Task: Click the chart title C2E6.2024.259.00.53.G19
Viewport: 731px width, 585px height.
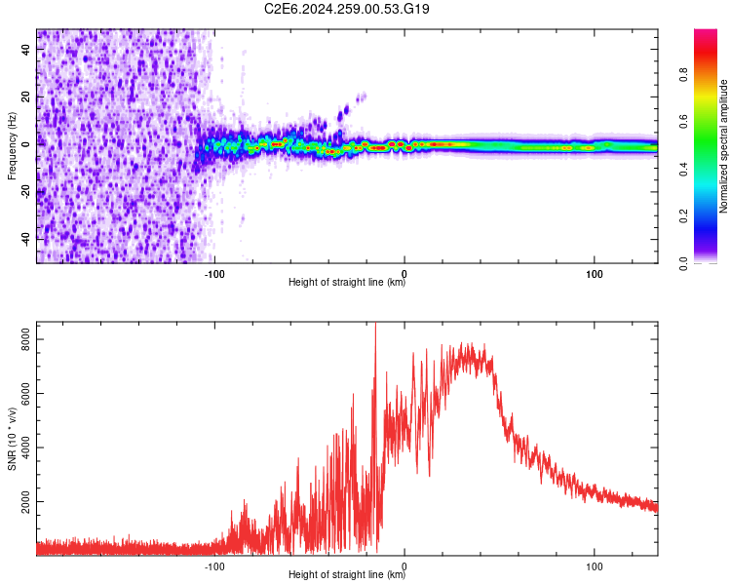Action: tap(346, 9)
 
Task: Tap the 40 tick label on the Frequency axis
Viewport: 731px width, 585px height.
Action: tap(25, 49)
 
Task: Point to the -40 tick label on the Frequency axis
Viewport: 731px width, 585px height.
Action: tap(25, 239)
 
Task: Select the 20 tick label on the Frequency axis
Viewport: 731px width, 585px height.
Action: tap(25, 97)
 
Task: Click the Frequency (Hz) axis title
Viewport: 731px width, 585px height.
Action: tap(12, 146)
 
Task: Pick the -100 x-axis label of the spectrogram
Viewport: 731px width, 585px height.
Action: tap(214, 274)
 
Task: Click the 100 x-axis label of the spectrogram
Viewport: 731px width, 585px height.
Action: tap(594, 274)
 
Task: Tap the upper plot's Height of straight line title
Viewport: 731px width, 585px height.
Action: tap(347, 282)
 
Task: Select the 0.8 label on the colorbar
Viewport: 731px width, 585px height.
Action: tap(683, 74)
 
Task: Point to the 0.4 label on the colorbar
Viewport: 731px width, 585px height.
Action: tap(683, 169)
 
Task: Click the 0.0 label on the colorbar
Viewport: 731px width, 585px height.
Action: tap(683, 263)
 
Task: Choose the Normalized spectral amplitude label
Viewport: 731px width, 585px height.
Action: tap(723, 146)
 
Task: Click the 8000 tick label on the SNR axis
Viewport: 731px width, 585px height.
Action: tap(25, 339)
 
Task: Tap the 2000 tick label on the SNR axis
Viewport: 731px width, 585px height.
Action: tap(25, 501)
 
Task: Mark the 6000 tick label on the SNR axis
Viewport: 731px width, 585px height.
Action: tap(25, 393)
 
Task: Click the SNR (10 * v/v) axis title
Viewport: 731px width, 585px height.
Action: tap(12, 439)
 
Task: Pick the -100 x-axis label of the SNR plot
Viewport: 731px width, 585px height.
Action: tap(214, 566)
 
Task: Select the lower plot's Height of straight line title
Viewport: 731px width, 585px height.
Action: tap(347, 574)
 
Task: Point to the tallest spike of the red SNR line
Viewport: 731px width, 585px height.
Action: tap(376, 324)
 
